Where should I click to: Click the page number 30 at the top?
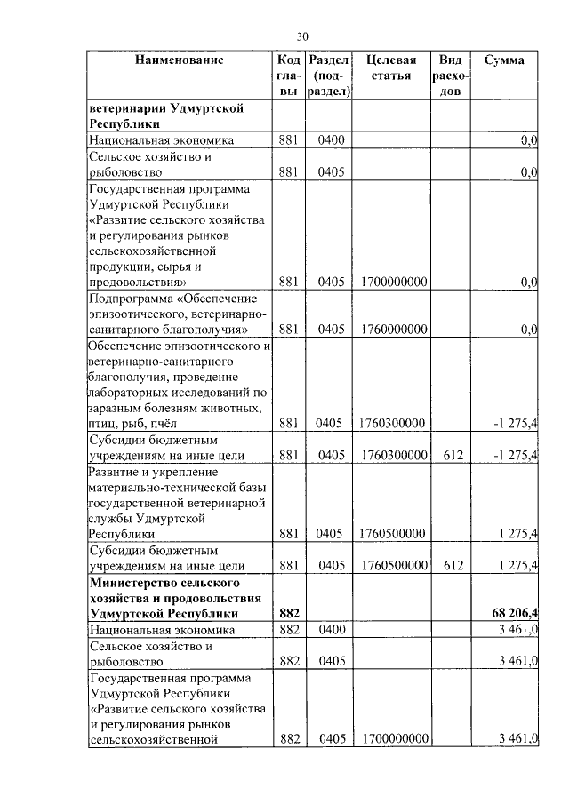click(302, 36)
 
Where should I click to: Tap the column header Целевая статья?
click(391, 68)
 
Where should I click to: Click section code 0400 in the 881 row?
click(331, 140)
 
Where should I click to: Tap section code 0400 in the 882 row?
click(331, 630)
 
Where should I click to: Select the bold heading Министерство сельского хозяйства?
click(177, 597)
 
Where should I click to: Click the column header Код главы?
click(289, 76)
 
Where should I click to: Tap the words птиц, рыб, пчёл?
click(125, 424)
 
